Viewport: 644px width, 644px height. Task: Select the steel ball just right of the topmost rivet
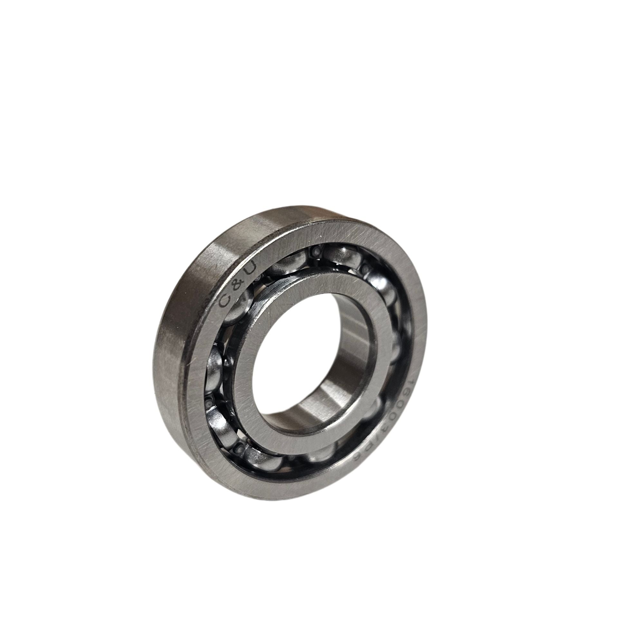(x=337, y=253)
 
